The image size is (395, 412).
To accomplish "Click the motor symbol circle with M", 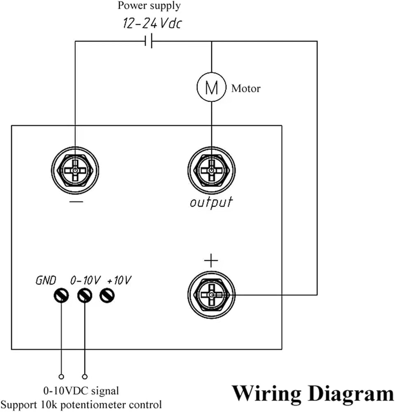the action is click(x=211, y=87).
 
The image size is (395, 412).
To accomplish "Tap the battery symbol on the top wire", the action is click(x=149, y=41).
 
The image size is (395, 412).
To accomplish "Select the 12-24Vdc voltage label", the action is click(x=152, y=23).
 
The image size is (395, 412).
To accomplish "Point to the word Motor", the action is click(x=246, y=89).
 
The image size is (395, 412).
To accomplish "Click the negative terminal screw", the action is click(x=75, y=171).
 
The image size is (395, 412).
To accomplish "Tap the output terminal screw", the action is click(x=211, y=171).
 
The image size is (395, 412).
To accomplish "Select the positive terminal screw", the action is click(x=211, y=295).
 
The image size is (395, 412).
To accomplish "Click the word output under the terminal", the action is click(x=211, y=202).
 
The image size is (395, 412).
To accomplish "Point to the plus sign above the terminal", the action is click(x=211, y=261).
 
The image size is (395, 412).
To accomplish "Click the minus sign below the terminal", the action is click(x=76, y=202).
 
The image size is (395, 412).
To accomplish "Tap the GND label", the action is click(x=46, y=280).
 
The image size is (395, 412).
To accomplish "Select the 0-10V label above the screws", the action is click(x=85, y=280).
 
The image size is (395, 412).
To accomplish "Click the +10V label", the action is click(x=119, y=280).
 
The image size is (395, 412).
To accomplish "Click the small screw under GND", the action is click(x=61, y=296).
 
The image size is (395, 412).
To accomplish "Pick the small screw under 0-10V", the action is click(x=84, y=296).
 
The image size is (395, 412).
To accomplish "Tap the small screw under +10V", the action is click(x=107, y=296).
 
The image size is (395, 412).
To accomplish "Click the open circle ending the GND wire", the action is click(x=61, y=377).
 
